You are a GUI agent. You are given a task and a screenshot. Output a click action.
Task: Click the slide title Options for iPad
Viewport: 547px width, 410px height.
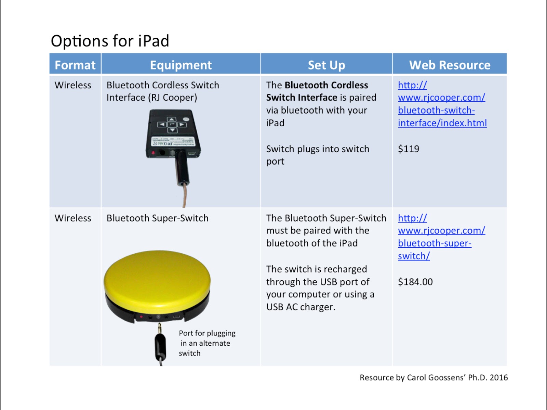(110, 41)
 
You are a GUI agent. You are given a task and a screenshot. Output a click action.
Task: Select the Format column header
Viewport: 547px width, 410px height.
(75, 65)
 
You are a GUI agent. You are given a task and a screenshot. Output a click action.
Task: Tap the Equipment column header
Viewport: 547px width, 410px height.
(181, 65)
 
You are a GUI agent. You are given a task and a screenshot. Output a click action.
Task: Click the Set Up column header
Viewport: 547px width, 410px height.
(326, 65)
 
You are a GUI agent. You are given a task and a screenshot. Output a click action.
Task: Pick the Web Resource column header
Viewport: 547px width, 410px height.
(450, 65)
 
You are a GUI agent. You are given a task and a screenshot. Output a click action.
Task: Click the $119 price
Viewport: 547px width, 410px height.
(409, 149)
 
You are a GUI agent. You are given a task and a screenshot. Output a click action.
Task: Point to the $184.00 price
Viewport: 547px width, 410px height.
(415, 282)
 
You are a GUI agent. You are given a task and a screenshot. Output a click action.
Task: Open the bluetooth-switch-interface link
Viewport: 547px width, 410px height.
(442, 104)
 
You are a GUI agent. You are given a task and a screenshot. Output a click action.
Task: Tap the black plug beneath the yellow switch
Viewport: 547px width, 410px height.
(160, 346)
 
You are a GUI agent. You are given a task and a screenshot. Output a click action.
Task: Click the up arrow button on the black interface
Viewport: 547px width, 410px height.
(172, 119)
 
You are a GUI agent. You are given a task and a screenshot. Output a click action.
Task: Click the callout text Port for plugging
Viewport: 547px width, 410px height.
(207, 333)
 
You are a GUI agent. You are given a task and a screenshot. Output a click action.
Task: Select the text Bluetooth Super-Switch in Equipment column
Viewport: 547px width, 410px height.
(157, 218)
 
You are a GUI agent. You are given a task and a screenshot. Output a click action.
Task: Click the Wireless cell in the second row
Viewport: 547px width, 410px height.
(73, 218)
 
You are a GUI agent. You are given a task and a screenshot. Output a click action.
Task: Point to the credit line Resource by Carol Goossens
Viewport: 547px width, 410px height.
(433, 377)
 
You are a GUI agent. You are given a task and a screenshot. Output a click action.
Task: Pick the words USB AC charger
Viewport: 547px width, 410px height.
(300, 307)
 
